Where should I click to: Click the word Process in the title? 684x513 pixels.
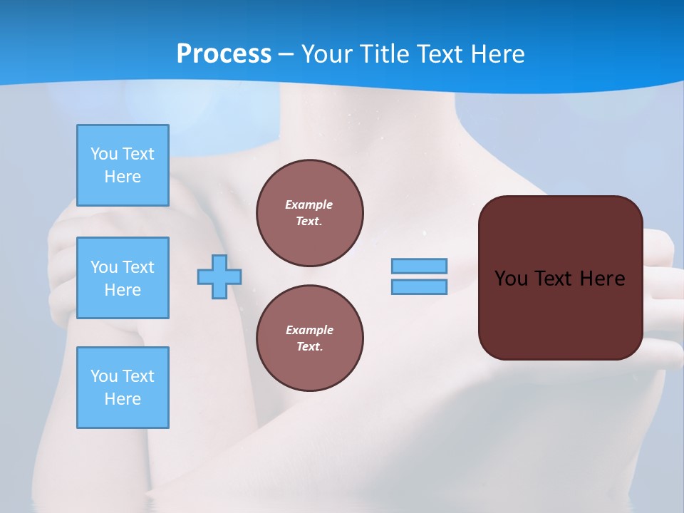click(224, 53)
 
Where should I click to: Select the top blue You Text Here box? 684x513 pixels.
click(123, 165)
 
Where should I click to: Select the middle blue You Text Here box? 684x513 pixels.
click(123, 278)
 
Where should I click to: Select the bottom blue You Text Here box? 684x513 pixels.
click(123, 387)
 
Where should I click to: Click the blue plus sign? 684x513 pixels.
click(219, 276)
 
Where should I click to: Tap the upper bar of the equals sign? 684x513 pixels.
click(419, 266)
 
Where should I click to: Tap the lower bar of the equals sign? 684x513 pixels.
click(419, 286)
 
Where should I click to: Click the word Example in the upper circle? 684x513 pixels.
click(309, 204)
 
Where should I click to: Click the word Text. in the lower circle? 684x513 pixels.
click(309, 346)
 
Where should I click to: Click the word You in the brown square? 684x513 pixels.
click(511, 279)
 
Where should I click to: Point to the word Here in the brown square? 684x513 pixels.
click(602, 279)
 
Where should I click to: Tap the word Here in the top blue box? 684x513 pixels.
click(123, 177)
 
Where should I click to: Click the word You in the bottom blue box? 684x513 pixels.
click(104, 375)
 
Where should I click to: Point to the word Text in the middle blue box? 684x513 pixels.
click(138, 267)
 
